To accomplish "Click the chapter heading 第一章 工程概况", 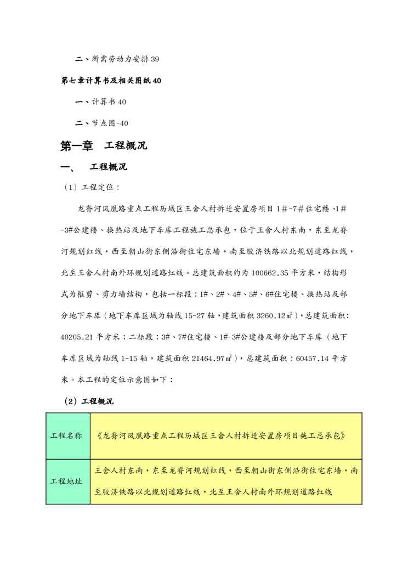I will (103, 146).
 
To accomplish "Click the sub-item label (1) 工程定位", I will (88, 187).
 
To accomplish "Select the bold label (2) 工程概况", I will (88, 401).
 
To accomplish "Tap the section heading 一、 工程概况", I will (95, 167).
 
